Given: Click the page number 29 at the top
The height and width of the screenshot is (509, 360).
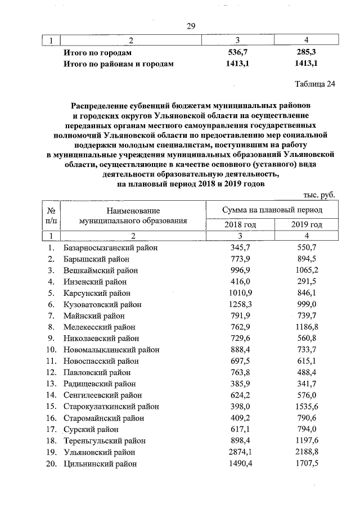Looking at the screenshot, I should pos(190,26).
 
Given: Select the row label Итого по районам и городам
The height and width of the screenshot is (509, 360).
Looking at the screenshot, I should pos(118,64).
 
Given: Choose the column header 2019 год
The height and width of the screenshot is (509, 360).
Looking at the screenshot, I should pos(307,225).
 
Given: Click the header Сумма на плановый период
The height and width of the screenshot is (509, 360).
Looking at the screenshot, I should pos(272,210).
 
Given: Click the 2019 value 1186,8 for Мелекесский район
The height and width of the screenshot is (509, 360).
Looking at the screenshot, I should pos(307,327).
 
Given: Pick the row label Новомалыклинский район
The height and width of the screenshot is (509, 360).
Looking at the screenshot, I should pos(106,350).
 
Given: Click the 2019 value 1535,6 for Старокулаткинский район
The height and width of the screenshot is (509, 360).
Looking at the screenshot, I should pos(307,407).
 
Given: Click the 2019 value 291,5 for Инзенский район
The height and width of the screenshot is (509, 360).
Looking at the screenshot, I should pos(307,281).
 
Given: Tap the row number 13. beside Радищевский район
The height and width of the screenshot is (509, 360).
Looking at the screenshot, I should pos(51,384).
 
